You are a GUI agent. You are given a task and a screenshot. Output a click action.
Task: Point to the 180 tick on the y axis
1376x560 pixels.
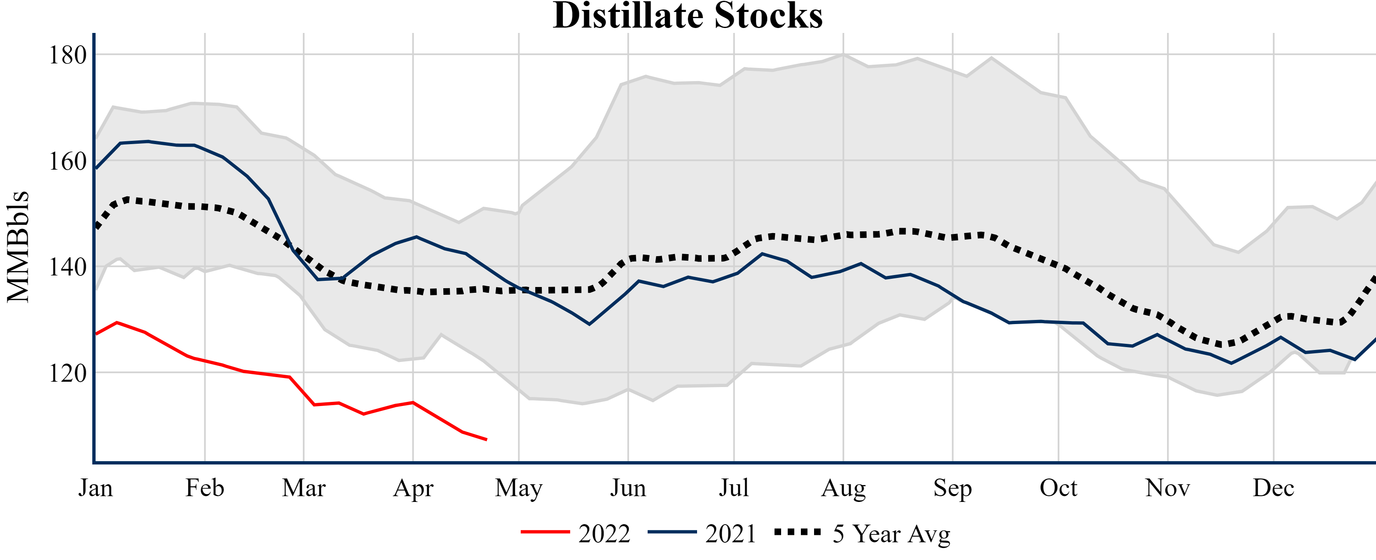point(67,55)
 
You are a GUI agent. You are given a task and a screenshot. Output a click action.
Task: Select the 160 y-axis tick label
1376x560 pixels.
point(67,161)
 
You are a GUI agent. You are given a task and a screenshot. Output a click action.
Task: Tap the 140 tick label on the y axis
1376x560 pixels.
point(67,267)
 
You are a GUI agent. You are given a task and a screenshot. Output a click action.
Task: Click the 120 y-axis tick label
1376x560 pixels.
point(67,373)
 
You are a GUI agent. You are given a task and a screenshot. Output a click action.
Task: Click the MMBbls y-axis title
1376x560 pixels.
point(18,247)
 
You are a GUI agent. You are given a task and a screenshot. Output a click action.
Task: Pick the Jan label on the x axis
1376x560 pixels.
point(96,488)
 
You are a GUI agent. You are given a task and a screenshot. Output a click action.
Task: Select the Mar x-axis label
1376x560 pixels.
point(303,488)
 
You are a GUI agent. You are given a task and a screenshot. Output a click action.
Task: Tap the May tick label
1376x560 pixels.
point(518,488)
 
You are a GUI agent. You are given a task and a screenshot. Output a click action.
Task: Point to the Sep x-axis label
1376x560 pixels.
point(952,488)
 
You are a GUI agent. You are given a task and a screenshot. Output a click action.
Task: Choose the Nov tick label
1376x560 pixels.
point(1167,488)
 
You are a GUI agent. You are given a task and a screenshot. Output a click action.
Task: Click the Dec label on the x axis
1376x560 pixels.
point(1273,488)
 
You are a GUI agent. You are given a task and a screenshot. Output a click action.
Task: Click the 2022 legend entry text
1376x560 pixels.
point(604,534)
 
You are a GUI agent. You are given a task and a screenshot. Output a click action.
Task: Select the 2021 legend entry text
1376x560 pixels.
point(730,534)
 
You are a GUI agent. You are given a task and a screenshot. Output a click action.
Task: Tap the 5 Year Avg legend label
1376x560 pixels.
point(892,534)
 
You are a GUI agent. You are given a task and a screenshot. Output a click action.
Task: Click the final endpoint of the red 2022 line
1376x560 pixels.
point(486,440)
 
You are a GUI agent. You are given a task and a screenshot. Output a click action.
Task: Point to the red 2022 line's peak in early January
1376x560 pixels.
point(117,322)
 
